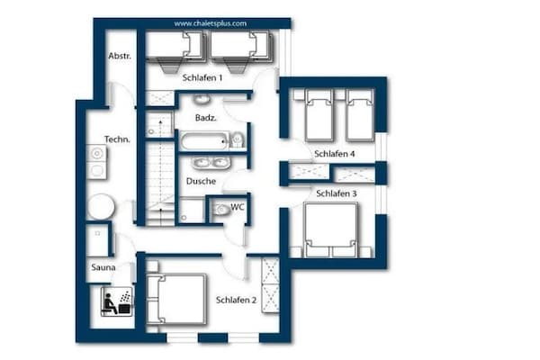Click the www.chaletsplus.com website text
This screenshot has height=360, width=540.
pos(210,23)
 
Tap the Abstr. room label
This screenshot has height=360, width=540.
pos(120,56)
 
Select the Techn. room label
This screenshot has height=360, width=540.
pos(117,139)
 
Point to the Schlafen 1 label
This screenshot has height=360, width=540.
pos(202,78)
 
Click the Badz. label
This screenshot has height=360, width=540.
pos(206,118)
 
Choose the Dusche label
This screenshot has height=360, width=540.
pos(201,181)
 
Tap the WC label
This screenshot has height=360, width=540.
pos(238,207)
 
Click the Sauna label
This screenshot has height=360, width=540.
pos(103,267)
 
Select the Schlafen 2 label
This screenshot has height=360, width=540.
pos(236,300)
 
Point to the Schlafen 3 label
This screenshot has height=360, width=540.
pos(337,193)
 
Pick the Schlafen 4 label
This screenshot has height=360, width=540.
pos(335,154)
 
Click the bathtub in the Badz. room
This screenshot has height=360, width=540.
pos(203,141)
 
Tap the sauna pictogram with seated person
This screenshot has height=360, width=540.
pos(116,301)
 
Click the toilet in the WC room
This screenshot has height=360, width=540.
pos(221,210)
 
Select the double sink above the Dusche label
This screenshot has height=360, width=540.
pos(211,163)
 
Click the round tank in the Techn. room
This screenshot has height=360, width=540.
pos(101,207)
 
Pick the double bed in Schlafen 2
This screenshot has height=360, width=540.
pos(176,299)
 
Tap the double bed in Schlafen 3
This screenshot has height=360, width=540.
pos(330,230)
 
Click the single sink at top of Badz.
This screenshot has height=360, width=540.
pos(202,99)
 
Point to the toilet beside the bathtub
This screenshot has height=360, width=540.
pos(237,139)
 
